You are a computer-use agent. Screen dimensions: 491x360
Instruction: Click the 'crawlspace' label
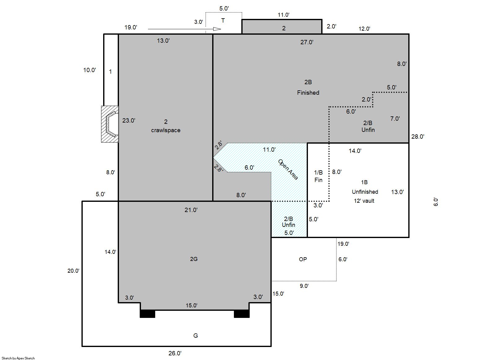tap(166, 130)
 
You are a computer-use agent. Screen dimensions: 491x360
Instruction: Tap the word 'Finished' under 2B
tap(308, 93)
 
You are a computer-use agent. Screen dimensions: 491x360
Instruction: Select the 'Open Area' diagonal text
tap(288, 170)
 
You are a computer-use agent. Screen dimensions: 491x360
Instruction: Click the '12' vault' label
tap(364, 201)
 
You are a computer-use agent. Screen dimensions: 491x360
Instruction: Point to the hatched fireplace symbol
tap(110, 124)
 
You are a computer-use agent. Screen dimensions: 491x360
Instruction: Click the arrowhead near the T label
tap(217, 29)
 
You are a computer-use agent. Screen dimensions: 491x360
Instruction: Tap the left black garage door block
tap(147, 314)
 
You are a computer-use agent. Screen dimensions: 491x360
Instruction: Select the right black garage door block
tap(242, 314)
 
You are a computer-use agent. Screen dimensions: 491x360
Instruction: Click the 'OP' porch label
tap(303, 259)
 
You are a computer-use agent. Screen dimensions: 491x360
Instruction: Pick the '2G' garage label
tap(194, 259)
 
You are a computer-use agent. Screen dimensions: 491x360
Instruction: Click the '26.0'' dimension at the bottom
tap(175, 353)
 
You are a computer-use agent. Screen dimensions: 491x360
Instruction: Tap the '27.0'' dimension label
tap(307, 42)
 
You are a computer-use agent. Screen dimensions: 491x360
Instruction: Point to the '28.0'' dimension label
tap(418, 137)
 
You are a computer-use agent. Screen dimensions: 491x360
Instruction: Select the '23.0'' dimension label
tap(129, 120)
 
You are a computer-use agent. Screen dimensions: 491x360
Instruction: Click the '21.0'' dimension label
tap(191, 210)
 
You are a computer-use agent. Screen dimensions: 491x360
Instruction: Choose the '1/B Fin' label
tap(318, 176)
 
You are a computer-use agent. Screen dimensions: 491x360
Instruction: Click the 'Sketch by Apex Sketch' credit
tap(18, 358)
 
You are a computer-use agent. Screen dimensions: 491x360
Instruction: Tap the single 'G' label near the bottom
tap(195, 336)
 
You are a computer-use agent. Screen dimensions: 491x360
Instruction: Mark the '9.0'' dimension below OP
tap(304, 286)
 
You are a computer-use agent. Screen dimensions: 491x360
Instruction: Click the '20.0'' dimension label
tap(73, 271)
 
